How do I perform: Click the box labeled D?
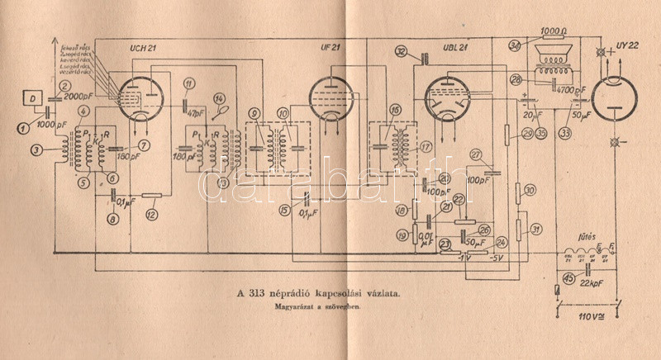pyautogui.click(x=32, y=100)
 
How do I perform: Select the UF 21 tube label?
pyautogui.click(x=329, y=49)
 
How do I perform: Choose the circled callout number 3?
pyautogui.click(x=36, y=149)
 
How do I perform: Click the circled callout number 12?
pyautogui.click(x=150, y=214)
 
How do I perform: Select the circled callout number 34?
pyautogui.click(x=516, y=45)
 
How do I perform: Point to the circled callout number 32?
pyautogui.click(x=401, y=52)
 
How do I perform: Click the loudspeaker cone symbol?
pyautogui.click(x=549, y=57)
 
